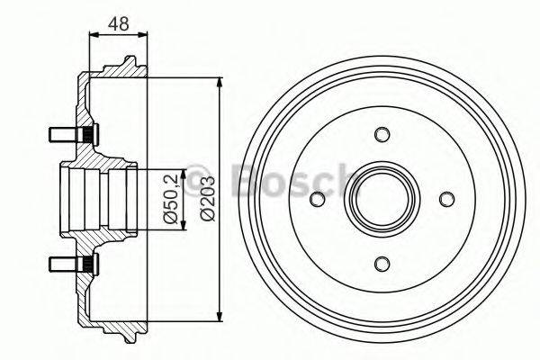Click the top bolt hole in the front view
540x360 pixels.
tap(382, 135)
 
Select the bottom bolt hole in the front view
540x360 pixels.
tap(382, 263)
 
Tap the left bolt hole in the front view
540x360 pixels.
tap(318, 199)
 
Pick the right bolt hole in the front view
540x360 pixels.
tap(445, 199)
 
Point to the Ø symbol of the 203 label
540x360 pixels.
tap(208, 217)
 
